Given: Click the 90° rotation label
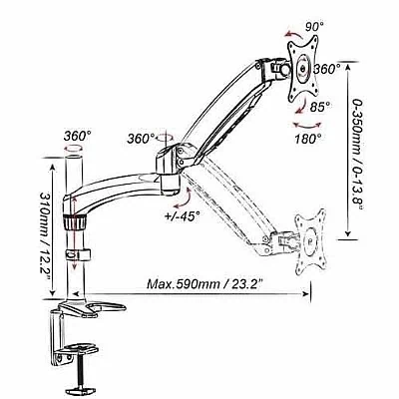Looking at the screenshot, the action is coord(314,26).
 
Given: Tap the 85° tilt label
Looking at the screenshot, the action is coord(320,107).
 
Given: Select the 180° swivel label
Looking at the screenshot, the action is coord(307,138).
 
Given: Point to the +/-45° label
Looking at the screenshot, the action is coord(183,215).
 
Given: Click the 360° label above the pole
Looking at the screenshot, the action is coord(78,136).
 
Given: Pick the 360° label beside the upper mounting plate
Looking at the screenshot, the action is coord(327,69).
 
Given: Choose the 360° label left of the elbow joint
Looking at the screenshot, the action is coord(141,139).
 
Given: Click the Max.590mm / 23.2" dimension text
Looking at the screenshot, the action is coord(205,284).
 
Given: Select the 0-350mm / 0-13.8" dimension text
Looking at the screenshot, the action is coord(357,154).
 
